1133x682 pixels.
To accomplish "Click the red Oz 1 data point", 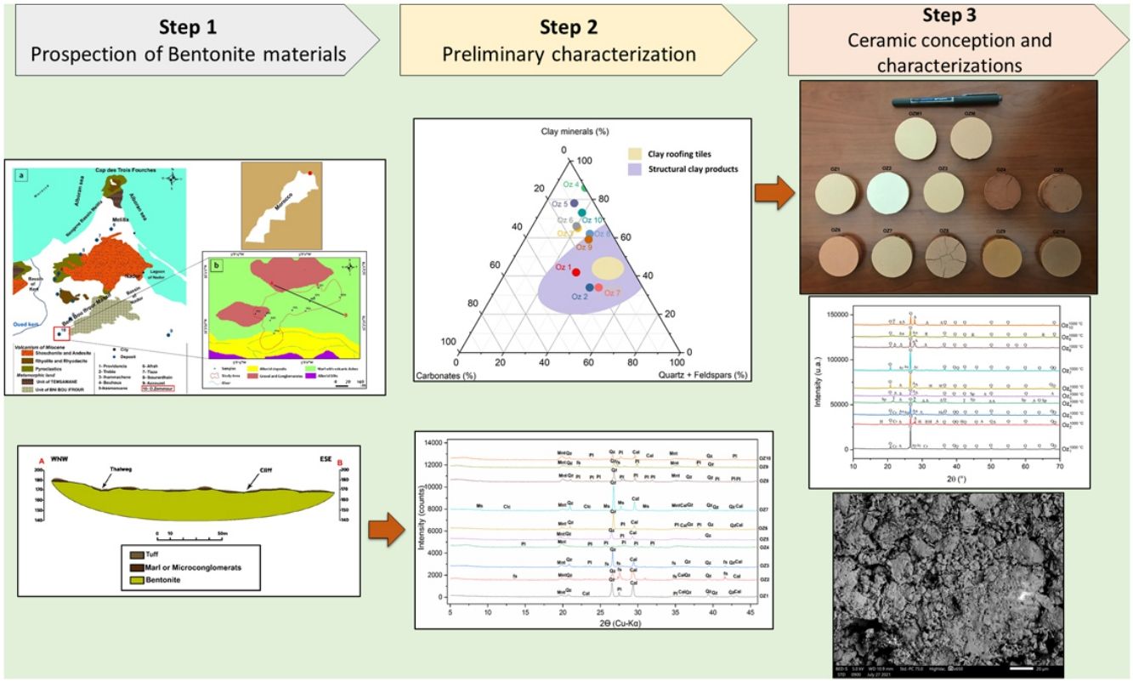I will pyautogui.click(x=575, y=272).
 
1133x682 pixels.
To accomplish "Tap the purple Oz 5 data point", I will pyautogui.click(x=575, y=203).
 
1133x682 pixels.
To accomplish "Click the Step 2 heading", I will pyautogui.click(x=569, y=26).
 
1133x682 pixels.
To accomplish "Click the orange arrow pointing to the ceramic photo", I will pyautogui.click(x=772, y=193).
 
